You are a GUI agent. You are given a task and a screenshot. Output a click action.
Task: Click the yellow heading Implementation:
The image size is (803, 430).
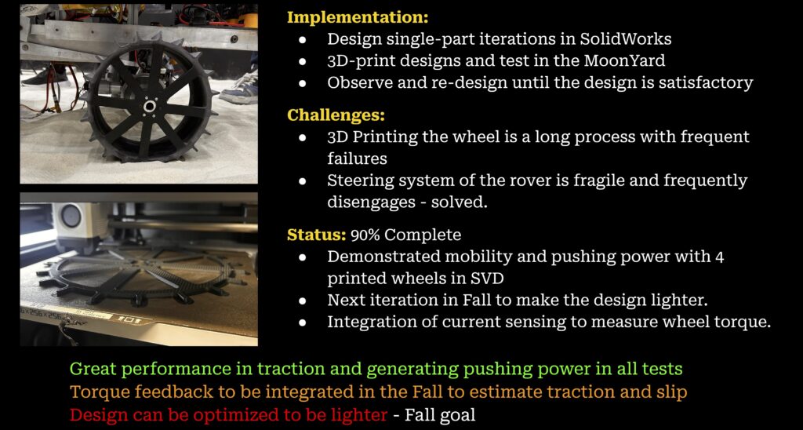358,17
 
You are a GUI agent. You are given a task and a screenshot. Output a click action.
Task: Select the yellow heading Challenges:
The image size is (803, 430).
336,115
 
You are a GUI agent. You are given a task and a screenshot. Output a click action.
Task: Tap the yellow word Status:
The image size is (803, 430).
317,235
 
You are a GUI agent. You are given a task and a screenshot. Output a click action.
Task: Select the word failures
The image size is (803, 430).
357,159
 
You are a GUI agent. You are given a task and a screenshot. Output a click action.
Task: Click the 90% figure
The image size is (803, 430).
365,235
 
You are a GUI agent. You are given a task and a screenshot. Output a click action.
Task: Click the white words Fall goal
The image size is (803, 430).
440,414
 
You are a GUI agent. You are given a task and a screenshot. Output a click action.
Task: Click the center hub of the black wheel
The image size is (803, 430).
149,106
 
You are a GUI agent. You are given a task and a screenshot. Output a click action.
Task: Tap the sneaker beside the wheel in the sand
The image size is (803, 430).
240,86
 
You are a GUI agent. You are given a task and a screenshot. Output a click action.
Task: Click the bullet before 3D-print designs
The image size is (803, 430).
303,61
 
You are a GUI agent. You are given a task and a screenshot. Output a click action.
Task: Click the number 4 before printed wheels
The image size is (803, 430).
719,257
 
